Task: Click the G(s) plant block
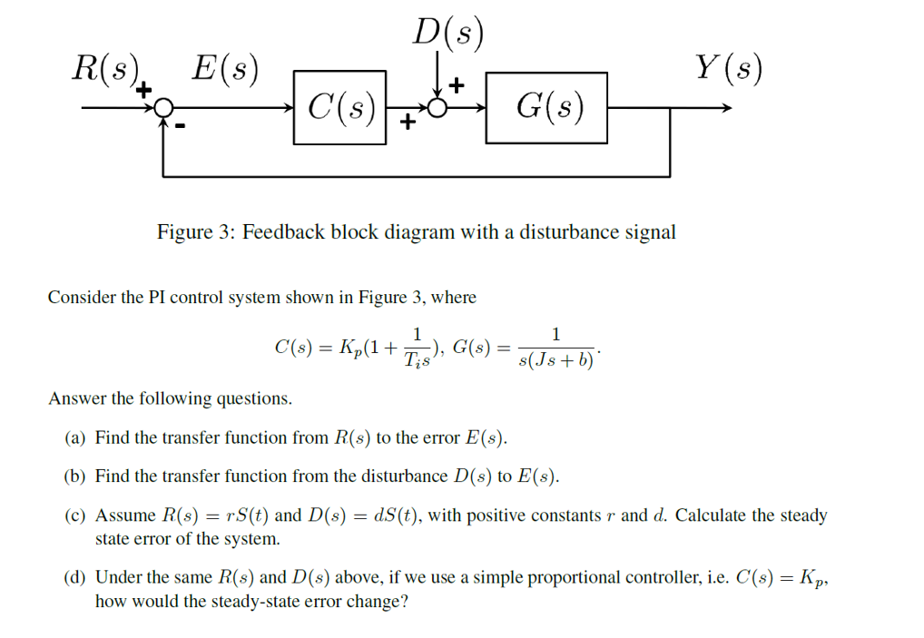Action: pos(546,108)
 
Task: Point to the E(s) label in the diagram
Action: pos(222,69)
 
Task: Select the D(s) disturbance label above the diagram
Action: pos(447,34)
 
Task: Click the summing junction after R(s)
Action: pos(162,109)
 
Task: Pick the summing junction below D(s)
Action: pos(437,109)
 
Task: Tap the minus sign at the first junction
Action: pos(180,128)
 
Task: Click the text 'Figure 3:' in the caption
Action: pos(196,232)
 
